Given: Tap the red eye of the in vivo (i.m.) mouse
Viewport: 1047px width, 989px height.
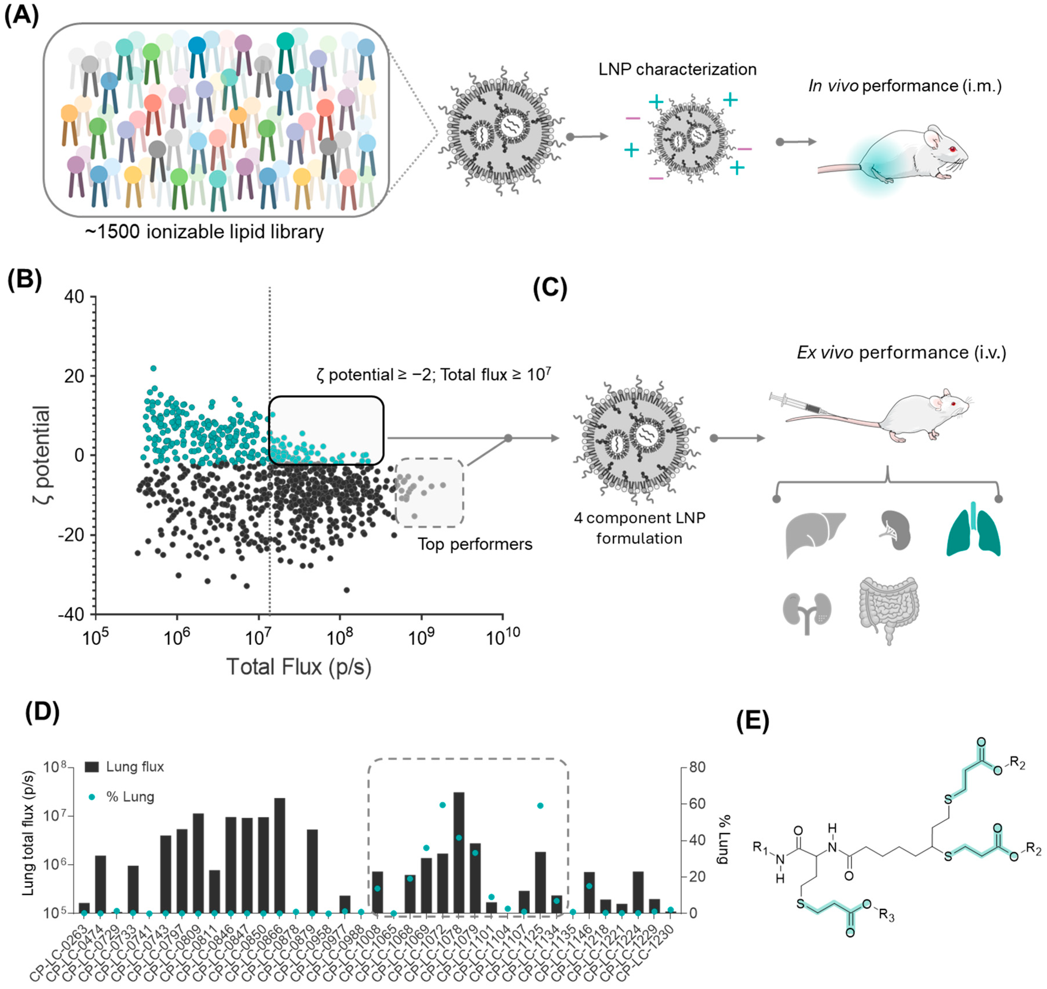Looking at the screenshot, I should click(x=953, y=149).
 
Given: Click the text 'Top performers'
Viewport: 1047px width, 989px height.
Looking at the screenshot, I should click(x=475, y=544).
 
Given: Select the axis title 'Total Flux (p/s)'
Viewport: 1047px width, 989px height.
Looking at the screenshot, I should click(x=299, y=667).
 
